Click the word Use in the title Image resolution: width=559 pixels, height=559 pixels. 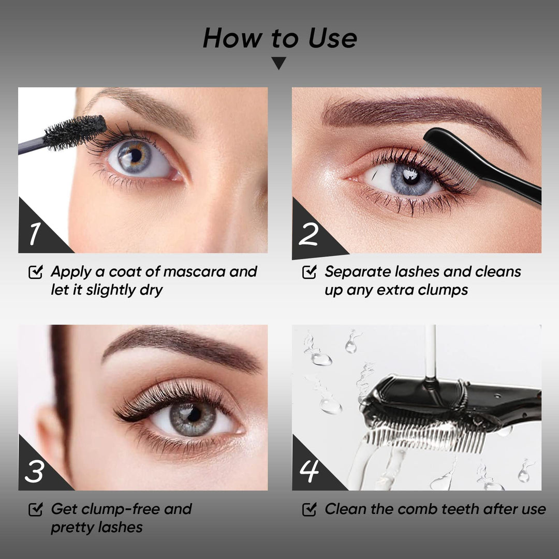point(332,38)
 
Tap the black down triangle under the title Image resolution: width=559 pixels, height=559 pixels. point(279,63)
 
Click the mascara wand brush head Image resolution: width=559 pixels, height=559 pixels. point(75,132)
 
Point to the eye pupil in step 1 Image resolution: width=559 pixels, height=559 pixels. point(136,155)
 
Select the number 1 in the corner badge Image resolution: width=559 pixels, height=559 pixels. point(35,233)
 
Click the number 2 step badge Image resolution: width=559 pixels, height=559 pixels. point(308,234)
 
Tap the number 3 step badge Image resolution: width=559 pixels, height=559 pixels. point(34,472)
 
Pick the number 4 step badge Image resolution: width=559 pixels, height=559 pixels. point(308,472)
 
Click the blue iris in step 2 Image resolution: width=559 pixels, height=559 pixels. point(412,178)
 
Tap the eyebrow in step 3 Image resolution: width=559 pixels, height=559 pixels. point(182,348)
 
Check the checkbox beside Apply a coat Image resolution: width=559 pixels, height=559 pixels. point(36,272)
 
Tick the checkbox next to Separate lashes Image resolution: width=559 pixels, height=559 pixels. point(310,272)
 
